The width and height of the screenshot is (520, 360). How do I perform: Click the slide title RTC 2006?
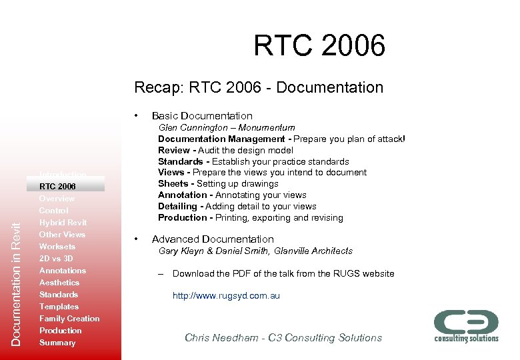319,46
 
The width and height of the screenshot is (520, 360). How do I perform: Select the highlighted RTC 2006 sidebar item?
58,186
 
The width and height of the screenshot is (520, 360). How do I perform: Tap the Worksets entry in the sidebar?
57,247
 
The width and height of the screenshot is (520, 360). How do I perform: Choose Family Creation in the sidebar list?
69,319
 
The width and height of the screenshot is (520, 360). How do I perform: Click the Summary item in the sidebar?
57,343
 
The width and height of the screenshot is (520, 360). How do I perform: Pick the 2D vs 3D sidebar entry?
56,259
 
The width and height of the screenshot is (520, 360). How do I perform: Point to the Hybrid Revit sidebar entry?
63,223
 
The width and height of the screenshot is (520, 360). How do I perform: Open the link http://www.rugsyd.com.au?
226,295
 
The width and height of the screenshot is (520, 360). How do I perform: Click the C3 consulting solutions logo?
466,325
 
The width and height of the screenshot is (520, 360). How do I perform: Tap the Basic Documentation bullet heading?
202,116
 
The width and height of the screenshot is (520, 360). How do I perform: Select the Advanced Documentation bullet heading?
213,239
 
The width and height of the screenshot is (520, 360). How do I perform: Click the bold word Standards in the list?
180,161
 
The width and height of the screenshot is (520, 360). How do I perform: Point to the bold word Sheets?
173,184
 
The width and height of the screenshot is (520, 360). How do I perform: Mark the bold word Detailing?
179,207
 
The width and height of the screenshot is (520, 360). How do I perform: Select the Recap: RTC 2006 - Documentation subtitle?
259,87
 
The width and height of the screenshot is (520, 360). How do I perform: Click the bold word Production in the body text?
183,218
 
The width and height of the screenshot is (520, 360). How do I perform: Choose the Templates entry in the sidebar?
59,307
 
